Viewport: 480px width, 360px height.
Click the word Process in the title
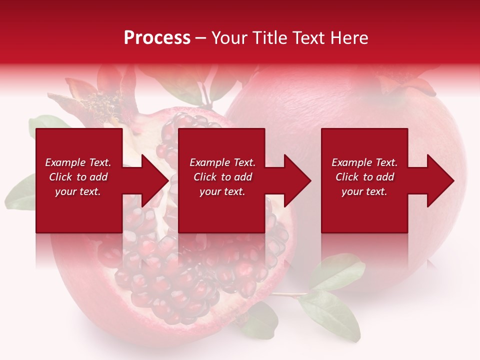tap(157, 38)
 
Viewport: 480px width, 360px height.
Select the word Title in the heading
tap(269, 38)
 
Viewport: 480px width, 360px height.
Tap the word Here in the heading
tap(348, 38)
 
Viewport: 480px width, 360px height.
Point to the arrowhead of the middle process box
tap(296, 180)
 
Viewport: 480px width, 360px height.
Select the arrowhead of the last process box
tap(439, 180)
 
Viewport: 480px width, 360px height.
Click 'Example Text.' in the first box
tap(78, 162)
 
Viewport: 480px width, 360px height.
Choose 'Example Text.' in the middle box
tap(222, 162)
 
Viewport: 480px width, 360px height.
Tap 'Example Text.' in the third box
tap(364, 162)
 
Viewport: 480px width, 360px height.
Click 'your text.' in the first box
tap(78, 191)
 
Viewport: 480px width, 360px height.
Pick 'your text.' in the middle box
tap(222, 191)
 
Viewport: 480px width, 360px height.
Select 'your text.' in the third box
tap(364, 191)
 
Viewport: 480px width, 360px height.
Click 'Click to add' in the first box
tap(78, 177)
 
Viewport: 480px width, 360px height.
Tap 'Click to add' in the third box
tap(364, 177)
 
